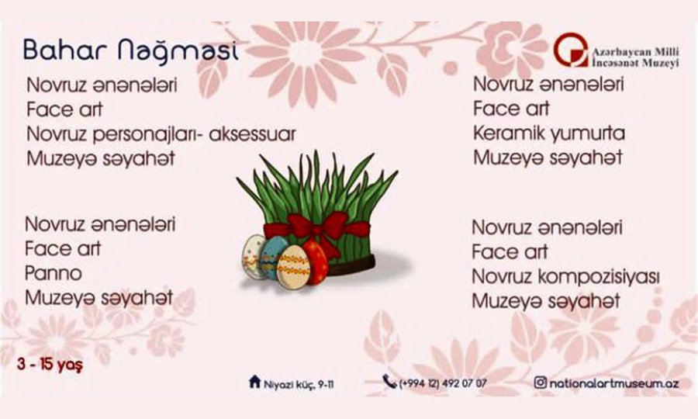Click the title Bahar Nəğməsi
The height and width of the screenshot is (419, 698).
click(131, 50)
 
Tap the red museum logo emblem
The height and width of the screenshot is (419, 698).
click(571, 50)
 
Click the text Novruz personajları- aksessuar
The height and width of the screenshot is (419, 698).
click(161, 134)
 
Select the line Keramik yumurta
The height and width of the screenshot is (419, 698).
click(549, 133)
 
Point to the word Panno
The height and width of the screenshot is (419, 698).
click(54, 273)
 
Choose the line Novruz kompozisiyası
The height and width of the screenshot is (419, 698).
click(565, 276)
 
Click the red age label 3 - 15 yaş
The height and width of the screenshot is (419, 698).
click(50, 364)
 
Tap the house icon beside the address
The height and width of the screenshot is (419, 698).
click(254, 382)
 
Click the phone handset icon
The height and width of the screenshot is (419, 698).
click(389, 381)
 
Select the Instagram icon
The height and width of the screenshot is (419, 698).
click(540, 382)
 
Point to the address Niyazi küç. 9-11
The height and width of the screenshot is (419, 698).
click(299, 384)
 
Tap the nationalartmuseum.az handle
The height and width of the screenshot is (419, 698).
click(614, 383)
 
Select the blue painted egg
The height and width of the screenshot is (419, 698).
click(271, 256)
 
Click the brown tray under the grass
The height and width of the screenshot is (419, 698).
click(351, 265)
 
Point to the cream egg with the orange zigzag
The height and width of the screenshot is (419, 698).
click(293, 268)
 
